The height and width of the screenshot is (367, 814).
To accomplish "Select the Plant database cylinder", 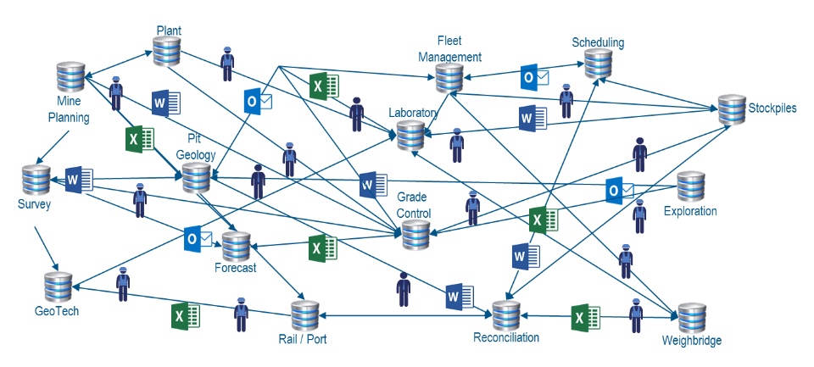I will [167, 52].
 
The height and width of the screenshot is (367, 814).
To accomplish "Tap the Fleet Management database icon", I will [449, 77].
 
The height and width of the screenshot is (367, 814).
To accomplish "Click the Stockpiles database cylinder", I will [731, 108].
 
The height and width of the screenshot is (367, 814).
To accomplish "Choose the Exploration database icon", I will [690, 186].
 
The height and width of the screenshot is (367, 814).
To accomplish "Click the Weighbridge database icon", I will [691, 317].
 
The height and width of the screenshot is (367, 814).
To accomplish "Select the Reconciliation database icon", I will [506, 315].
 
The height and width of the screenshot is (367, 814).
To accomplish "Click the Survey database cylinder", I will [36, 180].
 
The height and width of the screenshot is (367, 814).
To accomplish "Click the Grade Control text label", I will [414, 206].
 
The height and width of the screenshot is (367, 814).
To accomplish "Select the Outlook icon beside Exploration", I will [620, 190].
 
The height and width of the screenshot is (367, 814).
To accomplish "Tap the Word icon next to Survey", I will [78, 180].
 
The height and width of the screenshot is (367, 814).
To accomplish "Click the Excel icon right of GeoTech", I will [185, 317].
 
